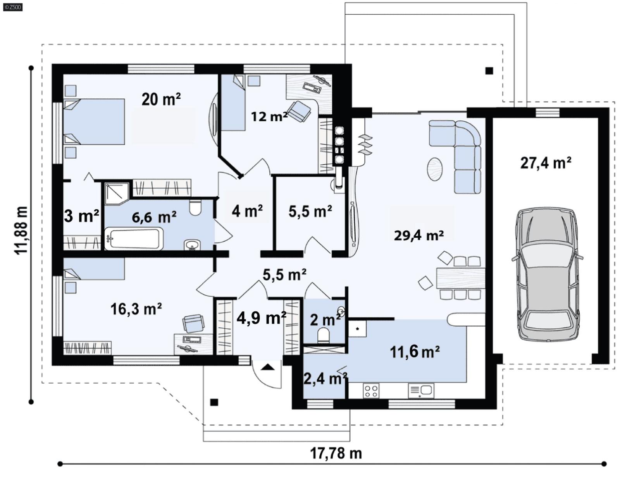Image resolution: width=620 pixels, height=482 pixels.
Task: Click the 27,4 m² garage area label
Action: [545, 163]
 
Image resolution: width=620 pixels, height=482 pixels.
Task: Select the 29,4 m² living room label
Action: [418, 235]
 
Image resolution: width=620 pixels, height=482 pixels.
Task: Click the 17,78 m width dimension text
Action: [336, 453]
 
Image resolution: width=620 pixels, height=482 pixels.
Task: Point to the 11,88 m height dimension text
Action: [22, 230]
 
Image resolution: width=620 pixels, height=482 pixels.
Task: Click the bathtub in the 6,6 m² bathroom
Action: [134, 238]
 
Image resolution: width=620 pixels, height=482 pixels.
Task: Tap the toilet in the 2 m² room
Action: [323, 335]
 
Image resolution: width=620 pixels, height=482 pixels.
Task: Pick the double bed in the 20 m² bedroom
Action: [94, 122]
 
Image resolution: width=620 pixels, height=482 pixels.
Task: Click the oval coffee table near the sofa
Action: [435, 168]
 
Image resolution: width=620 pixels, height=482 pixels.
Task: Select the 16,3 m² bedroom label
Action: [136, 309]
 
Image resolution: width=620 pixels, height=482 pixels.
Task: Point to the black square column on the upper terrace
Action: [489, 71]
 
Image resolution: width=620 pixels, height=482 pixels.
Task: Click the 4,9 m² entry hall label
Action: [261, 318]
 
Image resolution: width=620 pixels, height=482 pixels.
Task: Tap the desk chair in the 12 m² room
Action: [299, 110]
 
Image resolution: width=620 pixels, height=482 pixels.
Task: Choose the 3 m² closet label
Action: [81, 216]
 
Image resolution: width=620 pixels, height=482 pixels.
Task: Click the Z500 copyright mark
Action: [12, 7]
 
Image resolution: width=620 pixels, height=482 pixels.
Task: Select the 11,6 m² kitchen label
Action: [414, 352]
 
